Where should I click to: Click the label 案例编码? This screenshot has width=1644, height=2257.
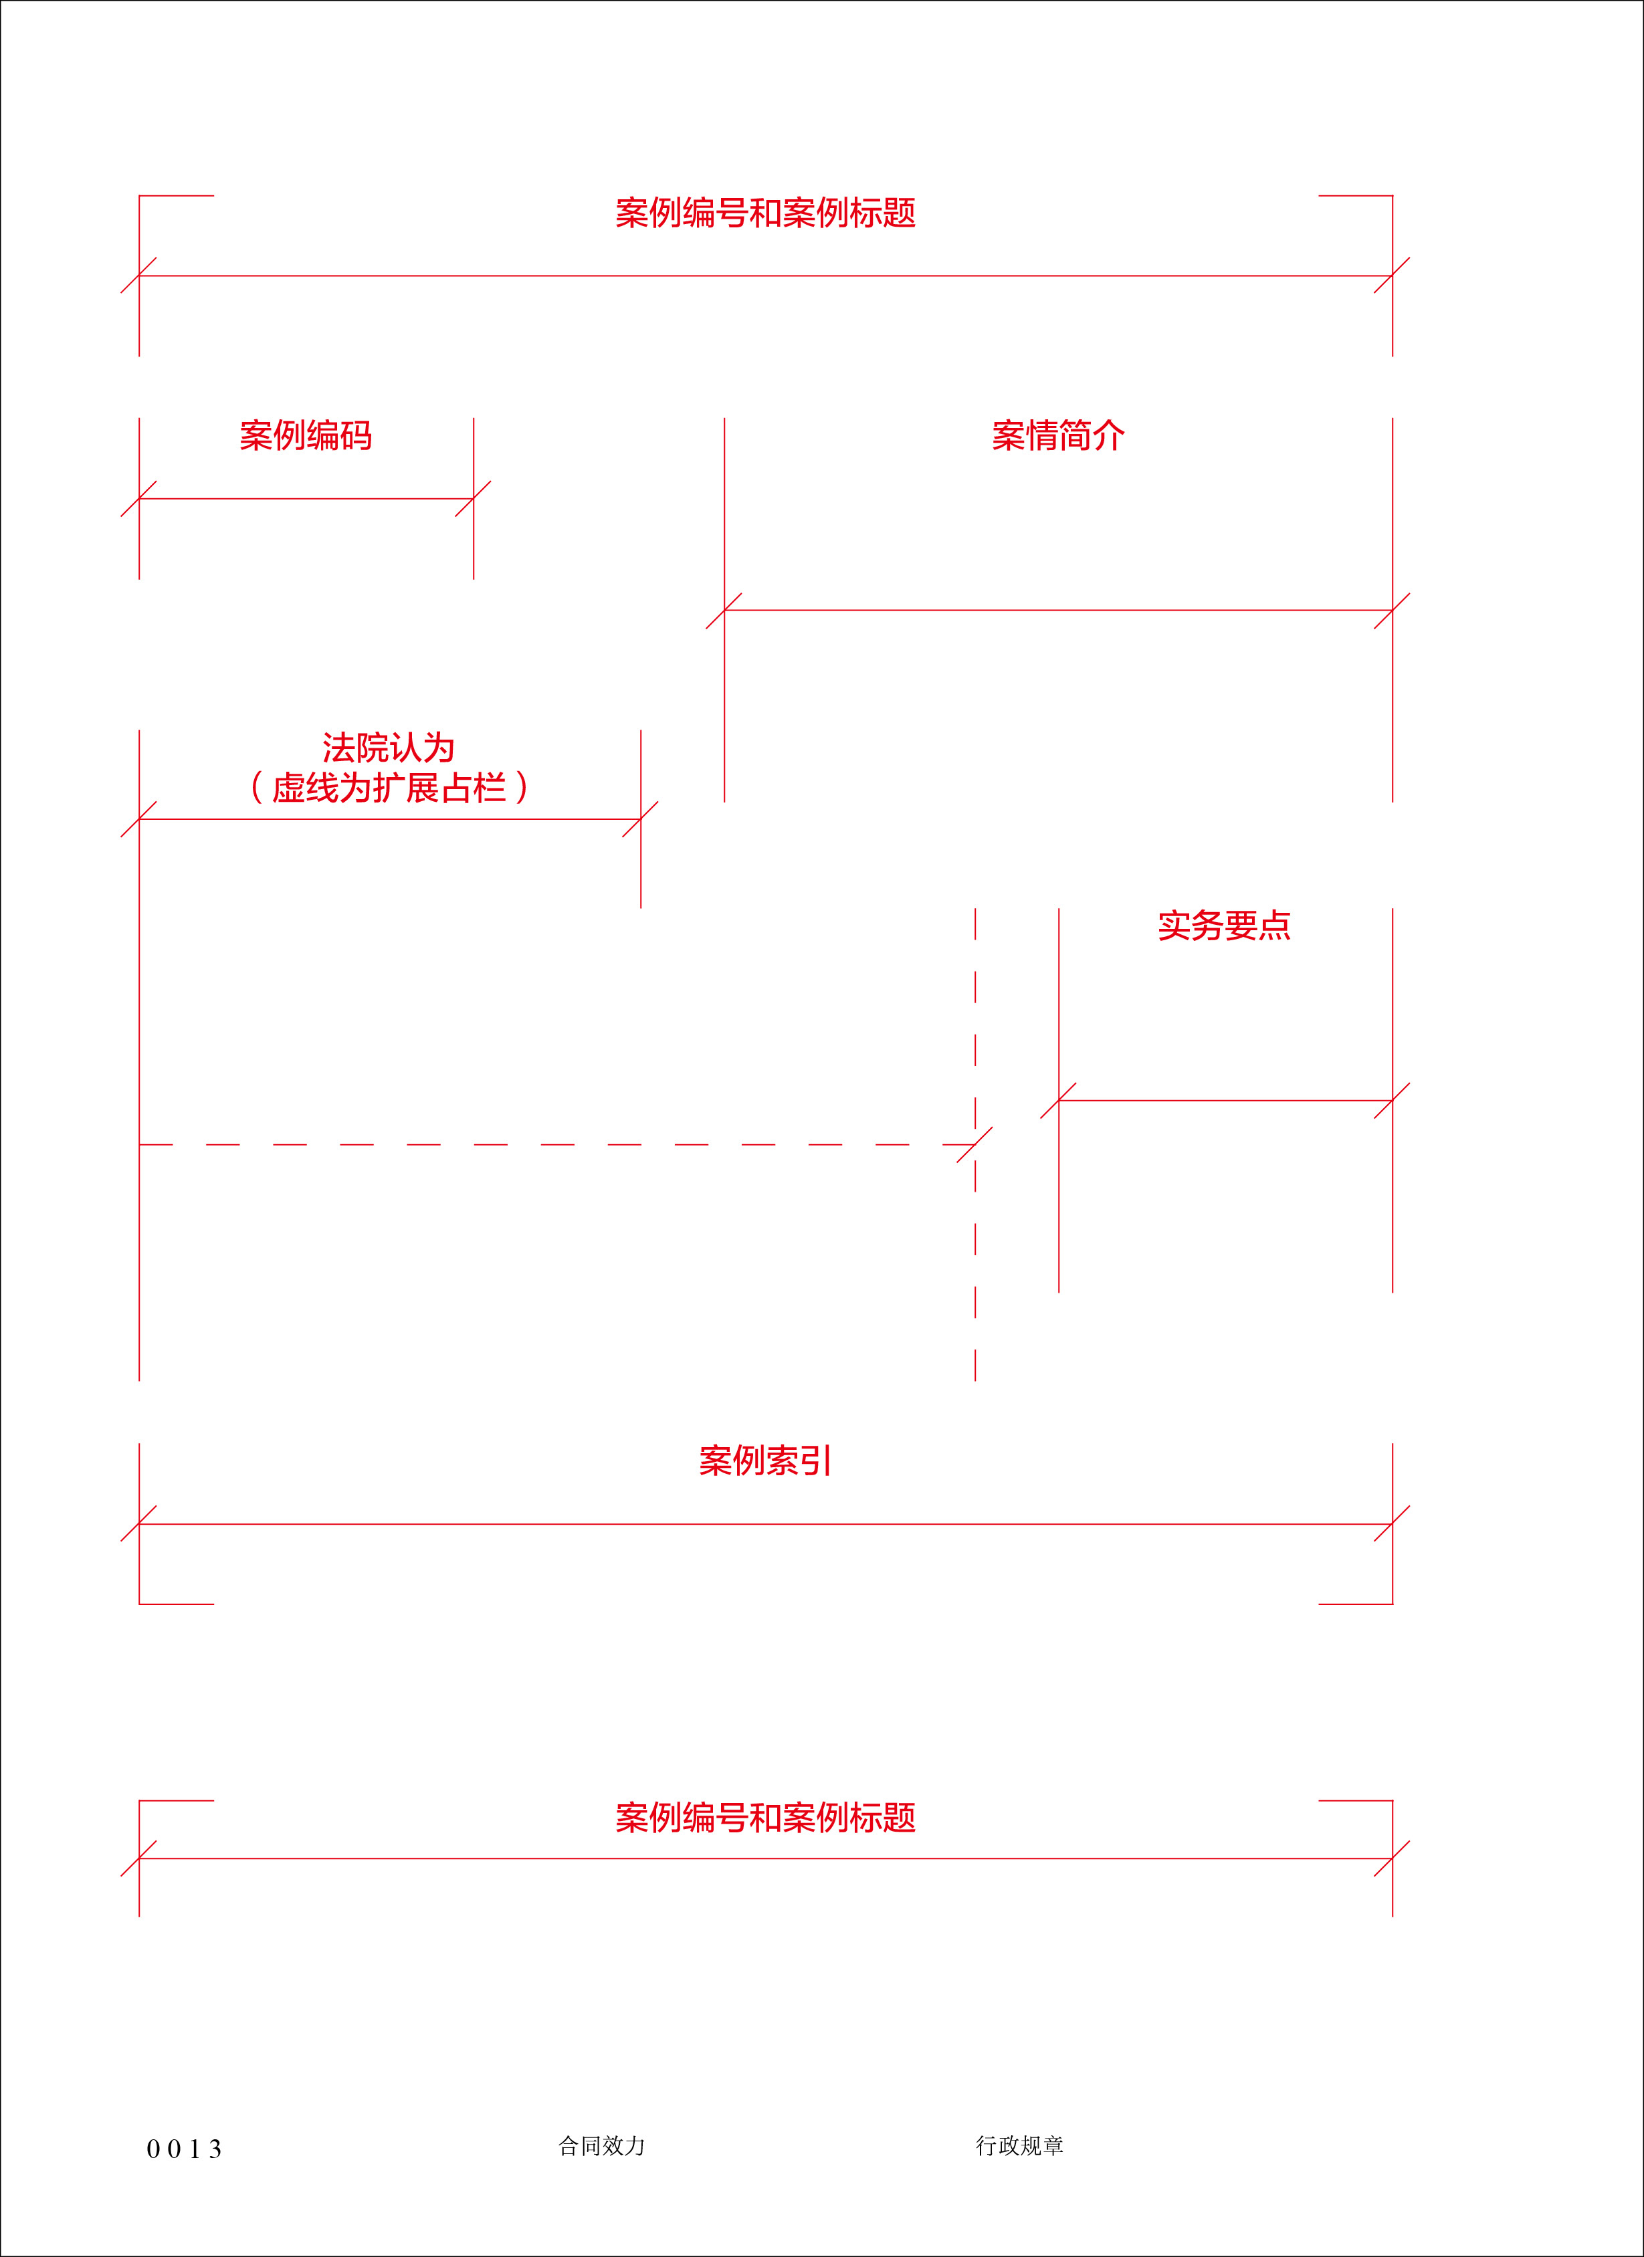[x=306, y=436]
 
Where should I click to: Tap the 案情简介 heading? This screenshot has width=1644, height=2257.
[x=1058, y=436]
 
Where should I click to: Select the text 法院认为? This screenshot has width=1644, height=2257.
[x=388, y=748]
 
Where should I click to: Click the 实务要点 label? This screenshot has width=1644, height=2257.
[x=1224, y=926]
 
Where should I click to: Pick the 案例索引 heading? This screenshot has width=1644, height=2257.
[x=764, y=1461]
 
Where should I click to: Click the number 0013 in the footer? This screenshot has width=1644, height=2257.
[x=184, y=2149]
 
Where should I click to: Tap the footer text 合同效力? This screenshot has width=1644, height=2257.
[x=602, y=2145]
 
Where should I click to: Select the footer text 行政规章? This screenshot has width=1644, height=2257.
[x=1020, y=2145]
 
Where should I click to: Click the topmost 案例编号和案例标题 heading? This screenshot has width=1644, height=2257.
[x=765, y=213]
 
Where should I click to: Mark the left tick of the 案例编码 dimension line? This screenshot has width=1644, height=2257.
[x=139, y=499]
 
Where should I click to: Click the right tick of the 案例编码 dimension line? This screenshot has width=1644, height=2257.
[x=474, y=499]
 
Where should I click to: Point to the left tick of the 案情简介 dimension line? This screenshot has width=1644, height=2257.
[x=724, y=610]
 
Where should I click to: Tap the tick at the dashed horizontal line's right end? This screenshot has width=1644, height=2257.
[x=975, y=1144]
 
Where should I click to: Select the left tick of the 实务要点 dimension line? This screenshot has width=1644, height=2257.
[x=1059, y=1101]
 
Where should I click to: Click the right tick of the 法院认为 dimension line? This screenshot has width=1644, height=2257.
[x=641, y=819]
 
